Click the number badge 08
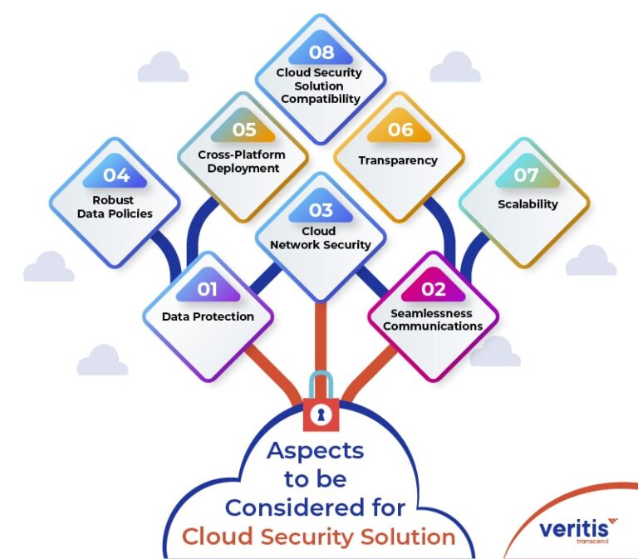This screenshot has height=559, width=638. coord(321,52)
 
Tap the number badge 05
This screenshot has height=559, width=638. coord(243,130)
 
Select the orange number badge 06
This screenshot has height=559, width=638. coord(400,130)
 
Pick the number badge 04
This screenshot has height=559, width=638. coord(116,175)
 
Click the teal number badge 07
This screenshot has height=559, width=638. coord(527,176)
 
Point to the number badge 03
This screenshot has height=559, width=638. coord(320,209)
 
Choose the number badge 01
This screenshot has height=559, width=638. coord(208,288)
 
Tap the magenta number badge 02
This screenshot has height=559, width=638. coord(433,288)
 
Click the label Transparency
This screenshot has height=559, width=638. coord(398,160)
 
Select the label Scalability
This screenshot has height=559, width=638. coord(528,203)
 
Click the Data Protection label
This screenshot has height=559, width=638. coord(208,316)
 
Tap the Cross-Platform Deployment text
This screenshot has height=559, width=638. coord(241,161)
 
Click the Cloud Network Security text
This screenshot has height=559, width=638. coord(320,238)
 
